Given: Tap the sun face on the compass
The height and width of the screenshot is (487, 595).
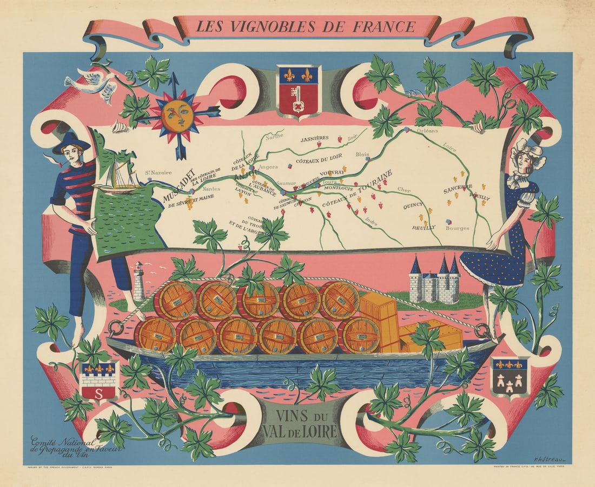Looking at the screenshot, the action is tap(176, 115).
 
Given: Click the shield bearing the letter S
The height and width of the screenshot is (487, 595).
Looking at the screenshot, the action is tap(98, 381).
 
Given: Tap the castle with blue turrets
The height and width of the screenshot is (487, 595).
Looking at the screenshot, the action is tap(434, 282).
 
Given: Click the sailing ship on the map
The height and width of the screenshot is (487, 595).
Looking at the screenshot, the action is tap(117, 177).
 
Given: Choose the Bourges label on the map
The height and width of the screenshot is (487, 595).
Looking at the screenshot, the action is tap(457, 228).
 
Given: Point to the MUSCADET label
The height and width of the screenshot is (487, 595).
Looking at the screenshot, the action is tap(178, 184).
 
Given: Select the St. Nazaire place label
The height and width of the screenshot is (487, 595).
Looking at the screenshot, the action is tap(158, 173).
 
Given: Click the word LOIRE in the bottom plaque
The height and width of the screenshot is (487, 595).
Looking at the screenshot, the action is tap(318, 431).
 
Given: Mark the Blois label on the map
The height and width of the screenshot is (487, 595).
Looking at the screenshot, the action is tap(362, 154).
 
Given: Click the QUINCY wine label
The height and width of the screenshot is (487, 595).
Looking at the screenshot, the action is tap(413, 206).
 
